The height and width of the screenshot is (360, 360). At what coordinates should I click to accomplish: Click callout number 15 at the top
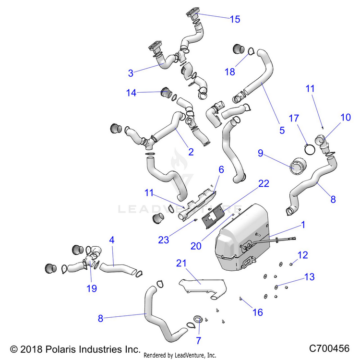coord(235,19)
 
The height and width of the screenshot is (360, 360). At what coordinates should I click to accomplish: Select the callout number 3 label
coord(131,73)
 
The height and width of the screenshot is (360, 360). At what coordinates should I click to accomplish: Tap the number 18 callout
coord(230,72)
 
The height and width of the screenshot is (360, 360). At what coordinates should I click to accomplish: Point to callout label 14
coord(132,93)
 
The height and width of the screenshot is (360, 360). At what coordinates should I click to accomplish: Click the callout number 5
coord(282,130)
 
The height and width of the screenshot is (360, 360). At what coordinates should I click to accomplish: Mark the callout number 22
coord(264,183)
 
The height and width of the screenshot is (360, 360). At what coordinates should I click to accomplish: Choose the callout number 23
coord(164,240)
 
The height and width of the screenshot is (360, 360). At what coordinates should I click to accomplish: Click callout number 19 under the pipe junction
coord(91,288)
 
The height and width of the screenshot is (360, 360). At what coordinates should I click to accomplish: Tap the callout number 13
coord(309,277)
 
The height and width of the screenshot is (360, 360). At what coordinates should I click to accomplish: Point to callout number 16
coord(258,312)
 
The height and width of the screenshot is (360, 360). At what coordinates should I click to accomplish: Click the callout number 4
coord(111,239)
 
